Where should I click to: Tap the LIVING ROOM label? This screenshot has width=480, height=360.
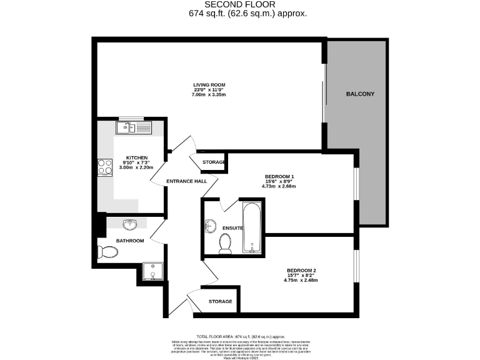coord(209,84)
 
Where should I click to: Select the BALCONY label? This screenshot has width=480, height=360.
coord(360,94)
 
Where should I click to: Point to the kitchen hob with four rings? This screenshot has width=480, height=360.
coord(104,167)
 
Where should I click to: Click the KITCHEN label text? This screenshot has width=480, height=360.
coord(136,158)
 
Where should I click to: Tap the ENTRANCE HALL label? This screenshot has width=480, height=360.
coord(186,182)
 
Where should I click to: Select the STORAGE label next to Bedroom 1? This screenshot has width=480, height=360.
coord(212,162)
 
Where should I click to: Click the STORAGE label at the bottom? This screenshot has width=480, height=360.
coord(220,301)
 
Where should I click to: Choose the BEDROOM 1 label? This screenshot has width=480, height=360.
coord(279,177)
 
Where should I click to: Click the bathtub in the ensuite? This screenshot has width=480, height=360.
coord(251,227)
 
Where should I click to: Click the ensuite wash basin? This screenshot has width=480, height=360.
coord(209,227)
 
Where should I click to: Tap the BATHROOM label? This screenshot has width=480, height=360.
coord(130,241)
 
